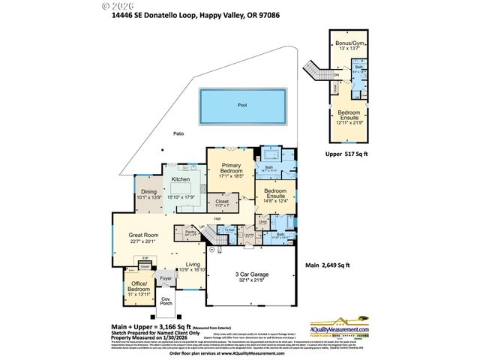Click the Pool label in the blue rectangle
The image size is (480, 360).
coord(241,105)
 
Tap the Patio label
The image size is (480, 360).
coord(178,133)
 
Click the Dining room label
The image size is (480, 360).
coord(148,191)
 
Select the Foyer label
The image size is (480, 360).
coord(165,279)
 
